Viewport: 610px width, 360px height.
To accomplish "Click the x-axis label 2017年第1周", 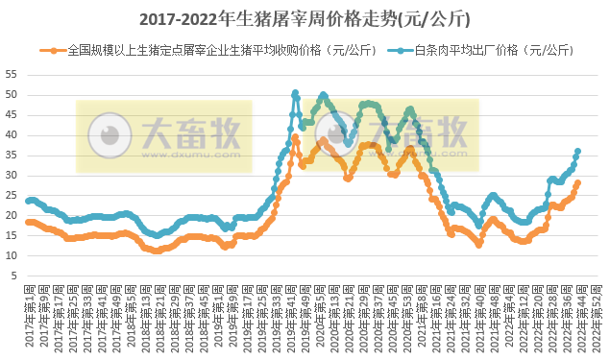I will pos(32,326).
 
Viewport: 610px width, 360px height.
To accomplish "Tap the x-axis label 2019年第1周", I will pos(220,326).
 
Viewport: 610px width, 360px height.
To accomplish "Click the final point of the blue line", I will pos(577,151).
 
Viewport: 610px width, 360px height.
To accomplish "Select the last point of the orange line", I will pos(577,182).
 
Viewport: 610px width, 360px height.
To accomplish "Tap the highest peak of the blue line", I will pos(295,93).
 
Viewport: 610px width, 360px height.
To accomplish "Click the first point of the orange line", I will pos(28,222).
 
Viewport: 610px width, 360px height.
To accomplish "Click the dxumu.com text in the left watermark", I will pos(188,153).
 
